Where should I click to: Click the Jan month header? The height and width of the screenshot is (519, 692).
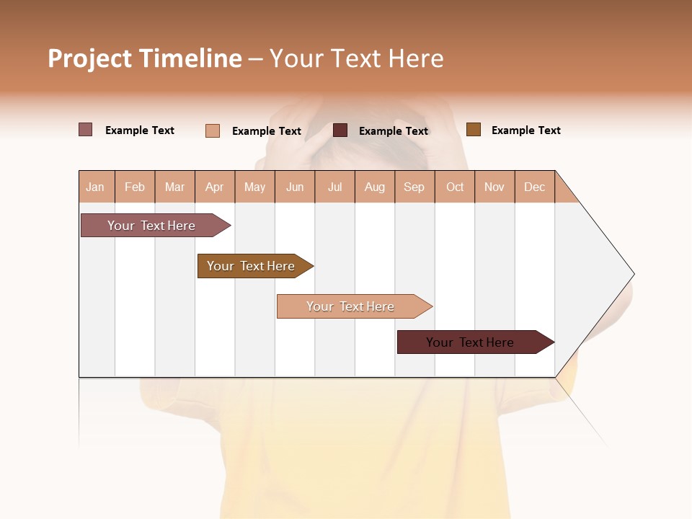[x=96, y=187]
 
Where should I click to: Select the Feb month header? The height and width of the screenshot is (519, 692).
[x=135, y=187]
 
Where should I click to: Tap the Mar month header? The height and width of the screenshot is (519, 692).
[x=174, y=187]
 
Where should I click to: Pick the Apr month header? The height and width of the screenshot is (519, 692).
[x=215, y=187]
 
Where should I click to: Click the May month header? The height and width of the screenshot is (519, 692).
[x=254, y=187]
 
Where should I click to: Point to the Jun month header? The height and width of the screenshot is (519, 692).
[x=295, y=187]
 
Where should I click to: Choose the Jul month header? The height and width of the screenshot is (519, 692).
[x=334, y=187]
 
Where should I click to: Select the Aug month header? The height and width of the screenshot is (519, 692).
[x=375, y=187]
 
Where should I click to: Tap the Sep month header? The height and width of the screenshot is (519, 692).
[x=414, y=187]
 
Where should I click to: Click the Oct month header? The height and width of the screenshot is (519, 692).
[x=455, y=187]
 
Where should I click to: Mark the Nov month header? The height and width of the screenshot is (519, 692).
[x=494, y=187]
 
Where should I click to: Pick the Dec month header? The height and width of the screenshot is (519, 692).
[x=535, y=187]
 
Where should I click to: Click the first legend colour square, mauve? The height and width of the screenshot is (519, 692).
[x=86, y=130]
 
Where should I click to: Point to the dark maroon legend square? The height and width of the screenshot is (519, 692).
[x=340, y=130]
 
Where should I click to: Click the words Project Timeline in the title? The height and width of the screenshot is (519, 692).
[x=145, y=58]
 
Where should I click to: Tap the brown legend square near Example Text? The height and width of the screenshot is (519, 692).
[x=474, y=130]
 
